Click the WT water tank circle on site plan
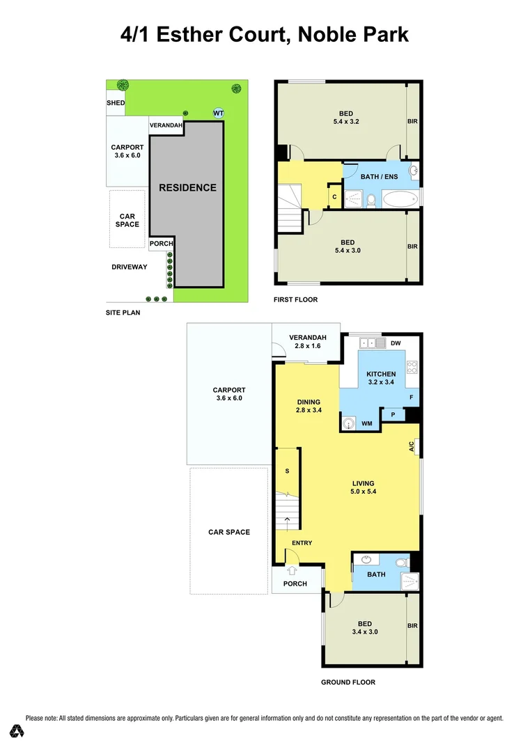[219, 113]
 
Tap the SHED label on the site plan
[116, 103]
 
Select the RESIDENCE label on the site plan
[187, 187]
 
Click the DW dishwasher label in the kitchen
[396, 343]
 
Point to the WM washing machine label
[366, 423]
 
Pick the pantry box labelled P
[393, 415]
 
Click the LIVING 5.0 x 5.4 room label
[363, 488]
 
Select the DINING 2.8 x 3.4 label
[309, 406]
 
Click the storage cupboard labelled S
[287, 471]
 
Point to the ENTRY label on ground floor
[302, 543]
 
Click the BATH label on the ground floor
[376, 574]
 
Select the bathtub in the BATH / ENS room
[395, 201]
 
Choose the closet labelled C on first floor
[334, 196]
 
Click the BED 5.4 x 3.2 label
[346, 118]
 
